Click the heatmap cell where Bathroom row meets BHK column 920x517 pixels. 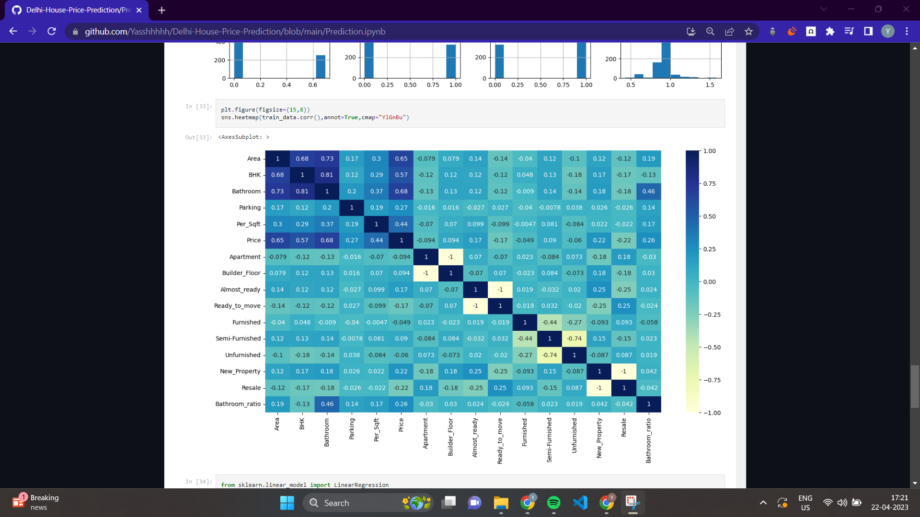tap(302, 191)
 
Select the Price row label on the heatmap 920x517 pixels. tap(253, 240)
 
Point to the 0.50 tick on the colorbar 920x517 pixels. tap(709, 216)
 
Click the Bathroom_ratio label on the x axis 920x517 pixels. tap(648, 440)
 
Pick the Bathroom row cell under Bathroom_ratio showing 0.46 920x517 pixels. tap(648, 191)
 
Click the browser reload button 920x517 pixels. tap(52, 32)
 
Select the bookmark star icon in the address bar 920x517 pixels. tap(748, 32)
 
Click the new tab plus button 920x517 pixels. tap(161, 10)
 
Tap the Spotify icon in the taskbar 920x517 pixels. tap(553, 503)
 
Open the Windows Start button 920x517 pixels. tap(287, 503)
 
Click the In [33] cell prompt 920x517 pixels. tap(198, 106)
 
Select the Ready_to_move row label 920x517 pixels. tap(237, 306)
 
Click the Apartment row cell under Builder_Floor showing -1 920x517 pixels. tap(450, 257)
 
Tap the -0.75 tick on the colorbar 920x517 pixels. tap(712, 380)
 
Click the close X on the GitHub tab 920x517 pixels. tap(139, 10)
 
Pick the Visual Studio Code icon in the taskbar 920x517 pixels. tap(580, 503)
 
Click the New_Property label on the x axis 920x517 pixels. tap(599, 438)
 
